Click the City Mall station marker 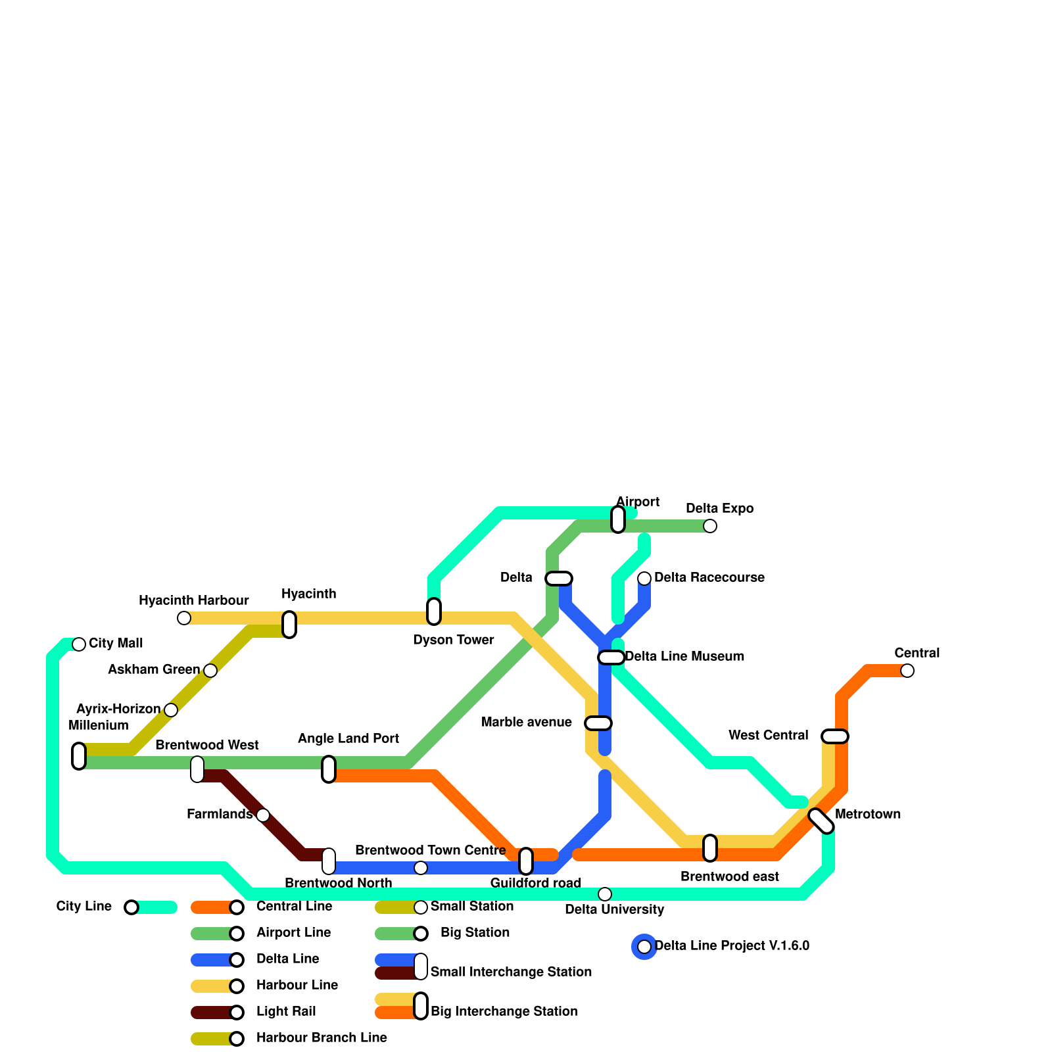pyautogui.click(x=79, y=644)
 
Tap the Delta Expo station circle pyautogui.click(x=710, y=526)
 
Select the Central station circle pyautogui.click(x=907, y=671)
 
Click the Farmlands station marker pyautogui.click(x=263, y=815)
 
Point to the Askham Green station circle pyautogui.click(x=210, y=671)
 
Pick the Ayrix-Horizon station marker pyautogui.click(x=171, y=710)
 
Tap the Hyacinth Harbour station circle pyautogui.click(x=184, y=618)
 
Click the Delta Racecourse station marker pyautogui.click(x=644, y=579)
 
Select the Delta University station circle pyautogui.click(x=605, y=894)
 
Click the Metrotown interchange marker pyautogui.click(x=821, y=821)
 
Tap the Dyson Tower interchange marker pyautogui.click(x=434, y=611)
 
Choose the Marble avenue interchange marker pyautogui.click(x=598, y=723)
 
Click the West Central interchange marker pyautogui.click(x=835, y=736)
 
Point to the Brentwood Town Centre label pyautogui.click(x=430, y=850)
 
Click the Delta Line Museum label pyautogui.click(x=684, y=656)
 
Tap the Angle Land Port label pyautogui.click(x=348, y=738)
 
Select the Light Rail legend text pyautogui.click(x=286, y=1011)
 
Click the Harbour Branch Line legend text pyautogui.click(x=322, y=1038)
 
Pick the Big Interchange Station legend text pyautogui.click(x=504, y=1011)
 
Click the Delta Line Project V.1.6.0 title pyautogui.click(x=732, y=945)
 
